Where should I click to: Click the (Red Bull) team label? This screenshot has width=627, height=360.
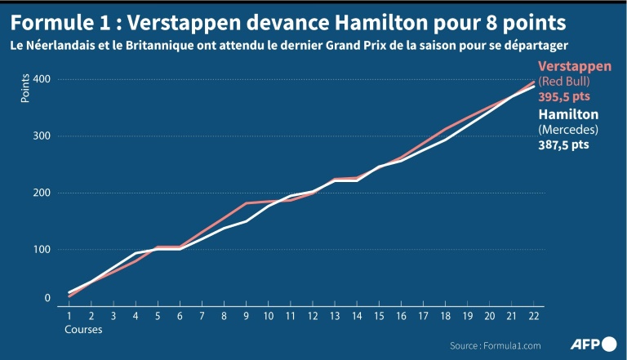tap(564, 82)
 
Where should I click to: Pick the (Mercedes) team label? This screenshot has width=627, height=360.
tap(564, 130)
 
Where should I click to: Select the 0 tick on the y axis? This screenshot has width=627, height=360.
tap(47, 299)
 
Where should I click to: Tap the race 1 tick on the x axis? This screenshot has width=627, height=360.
tap(69, 316)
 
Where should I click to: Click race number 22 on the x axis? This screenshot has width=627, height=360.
tap(533, 316)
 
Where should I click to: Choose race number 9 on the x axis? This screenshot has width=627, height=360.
tap(246, 316)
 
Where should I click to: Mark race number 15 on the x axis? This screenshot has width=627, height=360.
tap(379, 316)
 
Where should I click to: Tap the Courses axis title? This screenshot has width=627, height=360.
tap(83, 330)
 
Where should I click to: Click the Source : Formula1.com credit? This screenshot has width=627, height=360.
tap(496, 344)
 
